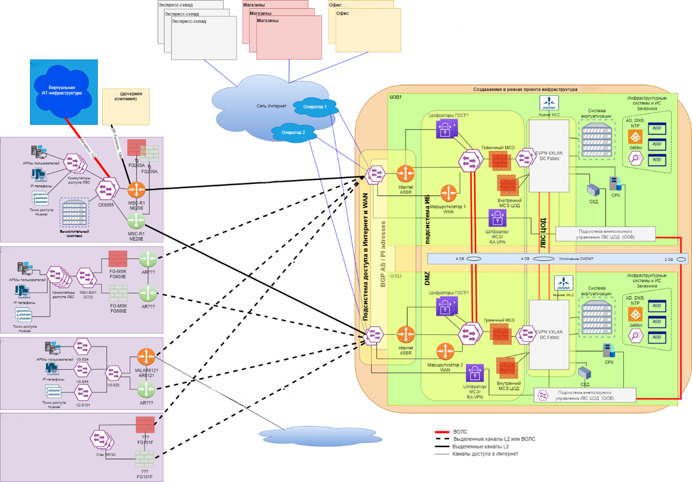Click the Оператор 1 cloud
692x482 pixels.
tap(315, 107)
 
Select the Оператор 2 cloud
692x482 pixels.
tap(293, 133)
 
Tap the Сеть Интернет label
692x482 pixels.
tap(271, 106)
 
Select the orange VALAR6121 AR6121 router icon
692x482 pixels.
tap(146, 357)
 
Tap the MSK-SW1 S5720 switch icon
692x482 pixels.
tap(87, 277)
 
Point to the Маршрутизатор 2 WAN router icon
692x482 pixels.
tap(445, 351)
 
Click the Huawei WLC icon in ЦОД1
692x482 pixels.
tap(549, 103)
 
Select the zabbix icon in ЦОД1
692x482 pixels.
tap(635, 137)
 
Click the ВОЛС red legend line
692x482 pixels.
tap(442, 432)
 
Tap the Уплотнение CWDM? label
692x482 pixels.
tap(576, 259)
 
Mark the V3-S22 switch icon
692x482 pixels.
tap(114, 373)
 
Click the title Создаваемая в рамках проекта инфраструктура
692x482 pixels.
tap(525, 90)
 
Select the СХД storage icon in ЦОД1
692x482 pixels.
tap(593, 190)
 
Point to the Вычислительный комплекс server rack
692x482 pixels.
tap(74, 212)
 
